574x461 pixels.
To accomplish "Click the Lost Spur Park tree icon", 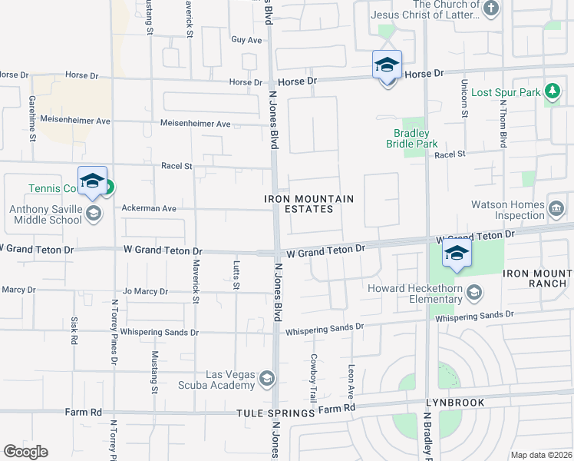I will click(552, 92).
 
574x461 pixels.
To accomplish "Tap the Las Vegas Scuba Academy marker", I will click(266, 378).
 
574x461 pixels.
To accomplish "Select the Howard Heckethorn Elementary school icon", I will click(474, 292).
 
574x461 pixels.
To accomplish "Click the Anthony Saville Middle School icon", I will click(94, 214).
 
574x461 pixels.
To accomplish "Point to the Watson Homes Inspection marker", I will click(556, 207).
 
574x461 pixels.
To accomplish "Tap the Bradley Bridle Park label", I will click(417, 138).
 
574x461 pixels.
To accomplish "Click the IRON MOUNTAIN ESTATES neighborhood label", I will click(310, 204).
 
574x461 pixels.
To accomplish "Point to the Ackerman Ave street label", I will click(149, 208).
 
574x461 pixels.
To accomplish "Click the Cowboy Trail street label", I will click(313, 378).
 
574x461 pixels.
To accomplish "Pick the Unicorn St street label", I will click(463, 98).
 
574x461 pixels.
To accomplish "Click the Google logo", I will click(25, 452).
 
